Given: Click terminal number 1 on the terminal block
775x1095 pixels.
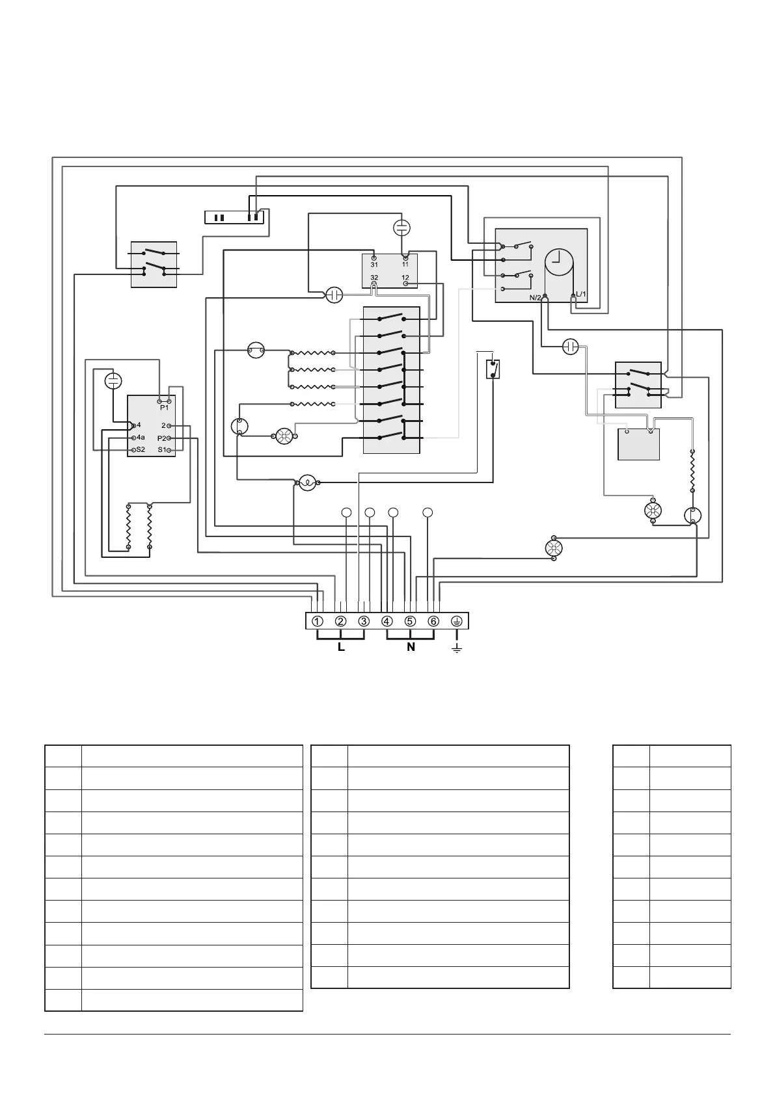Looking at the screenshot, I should pyautogui.click(x=317, y=621).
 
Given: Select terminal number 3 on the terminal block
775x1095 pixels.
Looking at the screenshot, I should pyautogui.click(x=364, y=621).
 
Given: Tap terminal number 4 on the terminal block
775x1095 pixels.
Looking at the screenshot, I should pyautogui.click(x=387, y=621).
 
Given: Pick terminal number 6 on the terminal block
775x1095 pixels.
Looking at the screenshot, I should pyautogui.click(x=433, y=621).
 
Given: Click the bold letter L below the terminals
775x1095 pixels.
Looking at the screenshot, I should pyautogui.click(x=341, y=648).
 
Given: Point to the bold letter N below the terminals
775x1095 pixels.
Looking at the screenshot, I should pyautogui.click(x=411, y=648).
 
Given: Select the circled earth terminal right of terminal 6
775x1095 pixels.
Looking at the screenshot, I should pyautogui.click(x=457, y=621).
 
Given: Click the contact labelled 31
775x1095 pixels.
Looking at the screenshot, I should pyautogui.click(x=374, y=265).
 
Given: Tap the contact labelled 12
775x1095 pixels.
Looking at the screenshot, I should pyautogui.click(x=405, y=278).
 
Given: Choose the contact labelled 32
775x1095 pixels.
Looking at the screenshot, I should pyautogui.click(x=374, y=278).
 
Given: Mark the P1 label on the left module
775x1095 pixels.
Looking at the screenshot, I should pyautogui.click(x=164, y=408).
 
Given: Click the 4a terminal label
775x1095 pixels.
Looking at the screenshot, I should pyautogui.click(x=141, y=438).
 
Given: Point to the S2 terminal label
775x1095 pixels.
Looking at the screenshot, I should pyautogui.click(x=141, y=449).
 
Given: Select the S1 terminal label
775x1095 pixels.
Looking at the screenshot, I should pyautogui.click(x=161, y=449).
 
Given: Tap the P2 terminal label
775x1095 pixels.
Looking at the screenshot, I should pyautogui.click(x=161, y=438).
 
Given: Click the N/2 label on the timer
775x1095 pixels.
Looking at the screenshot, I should pyautogui.click(x=535, y=298).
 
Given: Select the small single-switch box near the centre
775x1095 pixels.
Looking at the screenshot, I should pyautogui.click(x=494, y=369).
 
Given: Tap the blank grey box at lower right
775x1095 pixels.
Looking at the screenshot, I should pyautogui.click(x=638, y=444).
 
